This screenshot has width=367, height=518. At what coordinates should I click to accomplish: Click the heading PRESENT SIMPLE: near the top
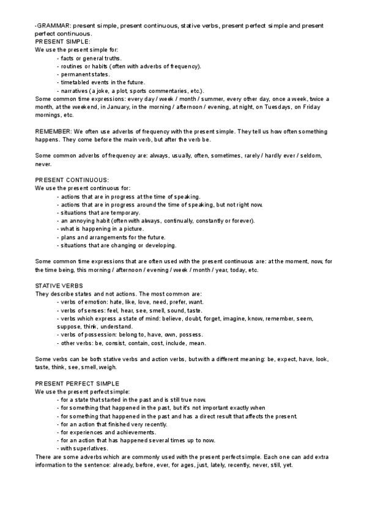pos(62,42)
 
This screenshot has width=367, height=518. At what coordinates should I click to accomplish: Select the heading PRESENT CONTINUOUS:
pos(72,180)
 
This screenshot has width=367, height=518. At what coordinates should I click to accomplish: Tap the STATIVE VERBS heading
pos(59,285)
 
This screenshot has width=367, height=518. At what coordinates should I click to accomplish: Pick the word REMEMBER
pos(53,131)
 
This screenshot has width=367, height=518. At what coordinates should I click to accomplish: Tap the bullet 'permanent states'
pos(84,74)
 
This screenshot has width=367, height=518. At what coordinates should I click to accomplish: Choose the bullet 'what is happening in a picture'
pos(100,228)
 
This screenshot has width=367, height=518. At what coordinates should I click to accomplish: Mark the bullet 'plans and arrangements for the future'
pos(111,237)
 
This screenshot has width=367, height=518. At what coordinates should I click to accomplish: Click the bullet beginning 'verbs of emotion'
pos(130,302)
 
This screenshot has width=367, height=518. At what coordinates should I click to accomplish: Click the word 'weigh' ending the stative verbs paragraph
pos(108,367)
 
